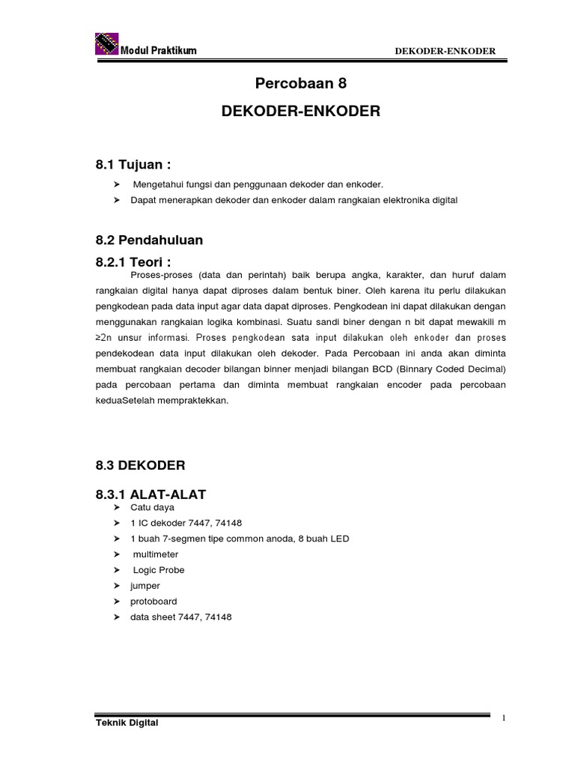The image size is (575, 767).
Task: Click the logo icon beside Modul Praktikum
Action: coord(108,43)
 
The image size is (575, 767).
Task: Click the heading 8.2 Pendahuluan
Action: coord(150,240)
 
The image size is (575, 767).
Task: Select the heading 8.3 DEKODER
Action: coord(140,465)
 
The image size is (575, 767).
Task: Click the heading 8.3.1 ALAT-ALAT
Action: coord(152,494)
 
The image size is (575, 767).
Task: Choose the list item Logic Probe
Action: coord(159,570)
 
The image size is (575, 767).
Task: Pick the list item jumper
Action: coord(145,586)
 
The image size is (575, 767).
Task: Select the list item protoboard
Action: coord(154,601)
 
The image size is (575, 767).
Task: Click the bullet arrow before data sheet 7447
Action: coord(116,617)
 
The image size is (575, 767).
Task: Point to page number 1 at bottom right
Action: coord(504,717)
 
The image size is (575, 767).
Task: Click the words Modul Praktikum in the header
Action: coord(159,50)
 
